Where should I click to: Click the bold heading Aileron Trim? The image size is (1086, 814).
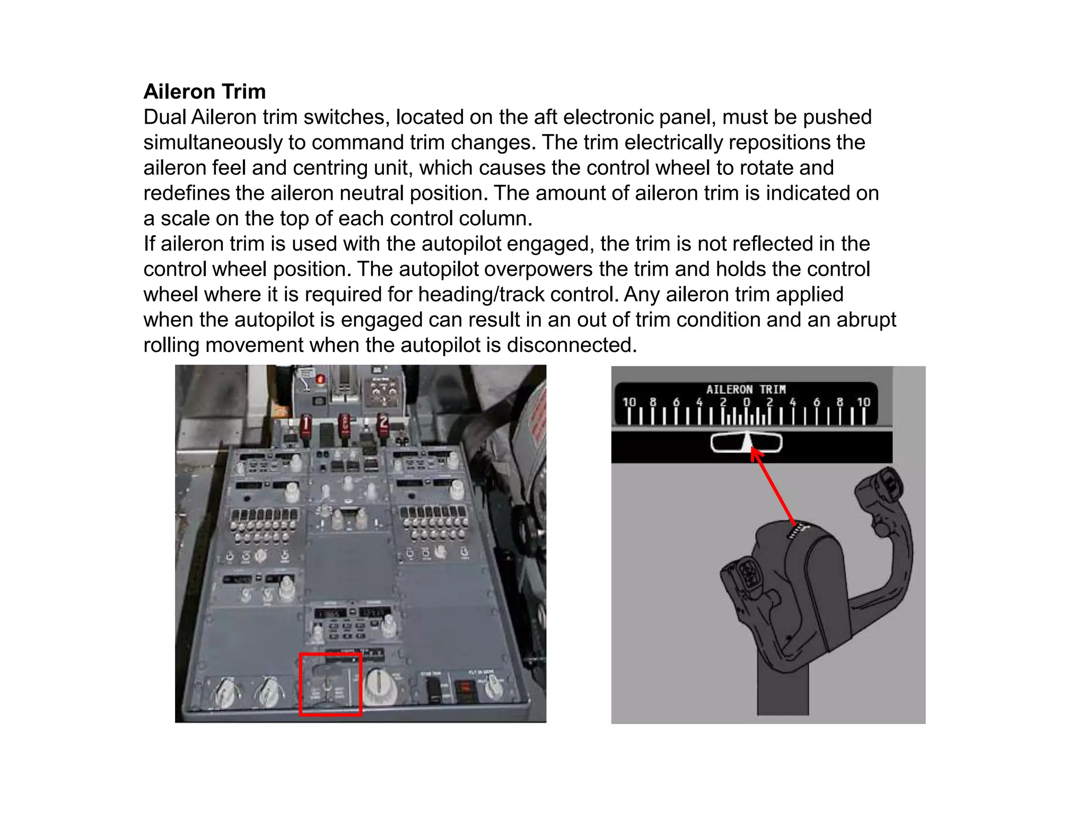point(204,92)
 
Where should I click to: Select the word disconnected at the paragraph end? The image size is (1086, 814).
point(571,345)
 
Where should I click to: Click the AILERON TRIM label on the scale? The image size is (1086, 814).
point(746,390)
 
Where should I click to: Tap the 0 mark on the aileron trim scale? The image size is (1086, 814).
point(746,403)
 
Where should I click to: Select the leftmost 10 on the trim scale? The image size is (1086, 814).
point(629,403)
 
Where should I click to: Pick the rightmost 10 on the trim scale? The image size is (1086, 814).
point(863,403)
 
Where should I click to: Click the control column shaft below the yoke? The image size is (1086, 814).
point(782,689)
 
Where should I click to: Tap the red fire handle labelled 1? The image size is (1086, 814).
point(305,427)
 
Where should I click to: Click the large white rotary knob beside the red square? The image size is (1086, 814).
point(379,686)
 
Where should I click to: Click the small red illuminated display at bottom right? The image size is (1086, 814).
point(465,688)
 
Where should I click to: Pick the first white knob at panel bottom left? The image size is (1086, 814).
point(224,692)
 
